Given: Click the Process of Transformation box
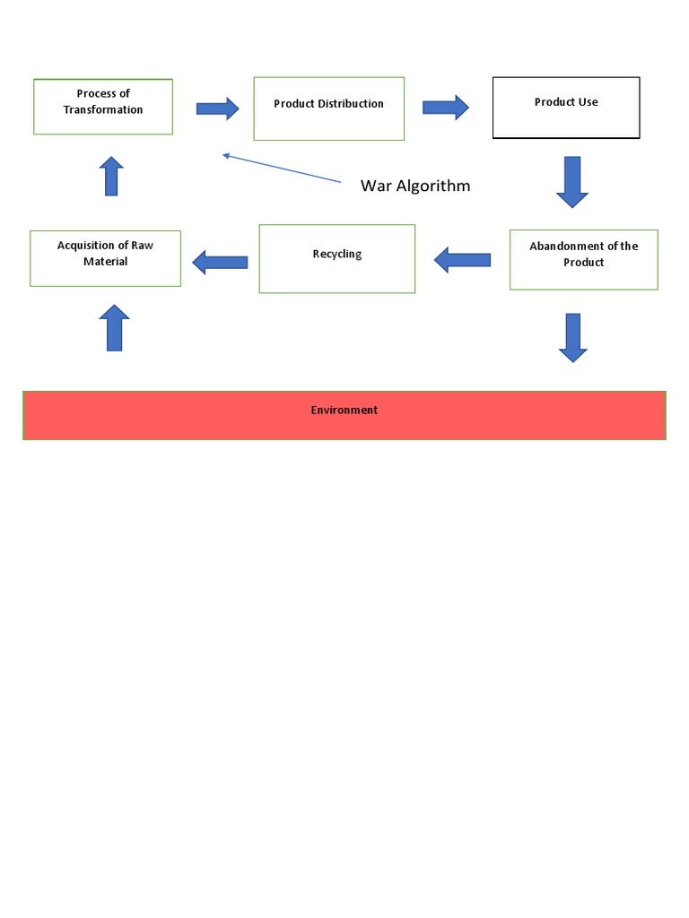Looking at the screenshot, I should pyautogui.click(x=103, y=107).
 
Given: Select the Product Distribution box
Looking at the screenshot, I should pyautogui.click(x=328, y=108).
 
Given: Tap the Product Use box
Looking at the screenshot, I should pyautogui.click(x=566, y=108).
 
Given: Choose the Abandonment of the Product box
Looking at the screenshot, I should pyautogui.click(x=583, y=260).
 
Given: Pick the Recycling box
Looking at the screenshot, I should pyautogui.click(x=337, y=258).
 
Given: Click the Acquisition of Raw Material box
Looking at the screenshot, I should pyautogui.click(x=105, y=258).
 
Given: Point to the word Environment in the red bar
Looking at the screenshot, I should pyautogui.click(x=344, y=410).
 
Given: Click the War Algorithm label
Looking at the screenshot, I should pyautogui.click(x=414, y=186).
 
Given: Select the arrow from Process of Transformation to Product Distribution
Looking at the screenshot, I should pyautogui.click(x=217, y=108).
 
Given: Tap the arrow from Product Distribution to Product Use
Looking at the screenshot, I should pyautogui.click(x=446, y=108).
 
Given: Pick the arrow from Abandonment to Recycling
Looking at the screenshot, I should pyautogui.click(x=462, y=260).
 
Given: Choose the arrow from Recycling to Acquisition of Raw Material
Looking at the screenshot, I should pyautogui.click(x=220, y=262).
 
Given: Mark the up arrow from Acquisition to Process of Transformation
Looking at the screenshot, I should pyautogui.click(x=111, y=176).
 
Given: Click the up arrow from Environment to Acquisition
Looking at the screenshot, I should pyautogui.click(x=114, y=327).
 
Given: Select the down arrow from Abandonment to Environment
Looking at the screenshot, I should pyautogui.click(x=573, y=337).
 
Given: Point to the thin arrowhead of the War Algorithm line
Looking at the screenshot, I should pyautogui.click(x=227, y=155).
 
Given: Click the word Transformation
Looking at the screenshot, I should pyautogui.click(x=103, y=109).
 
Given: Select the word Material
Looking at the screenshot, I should pyautogui.click(x=105, y=262).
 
